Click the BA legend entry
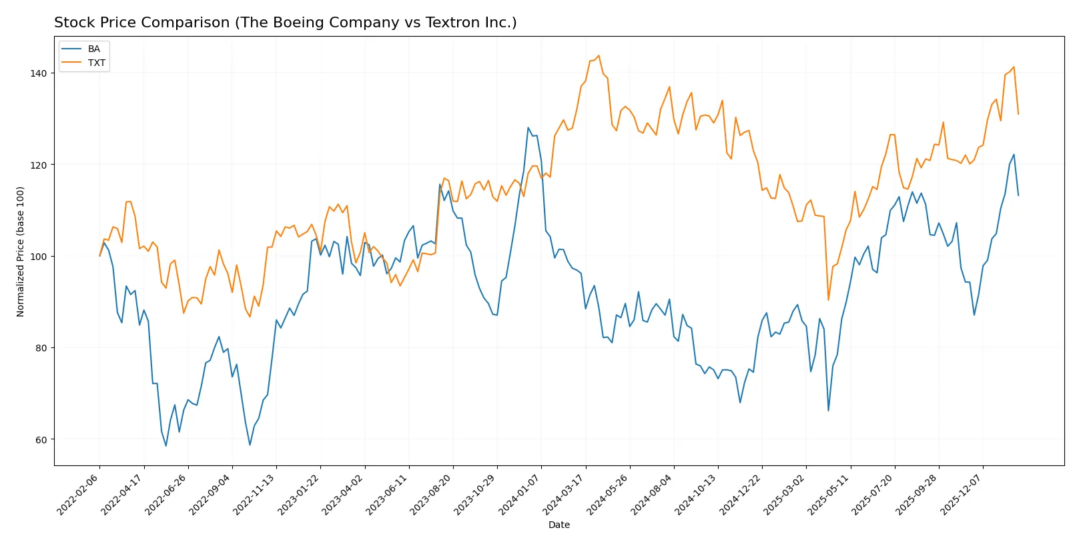(x=93, y=49)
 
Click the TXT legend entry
(x=96, y=63)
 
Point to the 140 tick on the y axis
(x=39, y=73)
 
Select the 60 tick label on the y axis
(x=42, y=440)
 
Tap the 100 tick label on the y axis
(x=39, y=257)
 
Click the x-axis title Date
(x=559, y=525)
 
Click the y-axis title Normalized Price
(x=21, y=251)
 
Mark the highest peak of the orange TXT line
(x=599, y=55)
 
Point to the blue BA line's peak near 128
(x=528, y=127)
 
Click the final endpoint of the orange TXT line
(x=1018, y=114)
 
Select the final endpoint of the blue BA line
(x=1018, y=195)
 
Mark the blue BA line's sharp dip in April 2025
(x=828, y=411)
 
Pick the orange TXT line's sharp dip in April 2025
(x=828, y=300)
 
